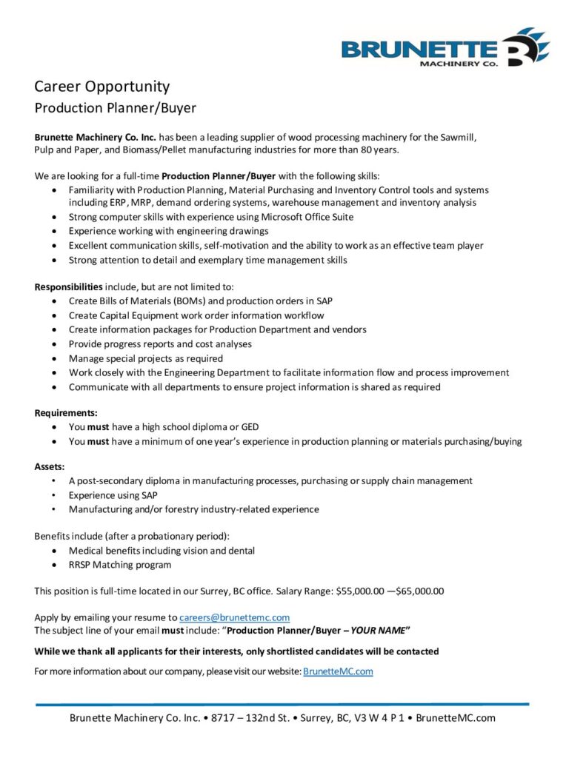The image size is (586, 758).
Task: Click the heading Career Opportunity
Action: (x=101, y=87)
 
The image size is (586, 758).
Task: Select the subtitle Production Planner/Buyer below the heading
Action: (x=115, y=108)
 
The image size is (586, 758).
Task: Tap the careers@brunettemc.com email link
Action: (x=234, y=617)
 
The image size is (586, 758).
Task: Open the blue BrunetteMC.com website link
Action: (x=338, y=671)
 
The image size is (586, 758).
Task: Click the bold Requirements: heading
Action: (x=66, y=413)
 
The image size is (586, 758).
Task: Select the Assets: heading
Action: (x=50, y=466)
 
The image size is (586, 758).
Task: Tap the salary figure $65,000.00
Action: (x=420, y=591)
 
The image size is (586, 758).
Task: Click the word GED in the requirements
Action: (x=249, y=427)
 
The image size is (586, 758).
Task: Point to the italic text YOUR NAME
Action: (x=378, y=631)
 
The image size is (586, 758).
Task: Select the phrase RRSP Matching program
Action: (x=120, y=565)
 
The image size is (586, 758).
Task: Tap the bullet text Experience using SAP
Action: (x=113, y=495)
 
